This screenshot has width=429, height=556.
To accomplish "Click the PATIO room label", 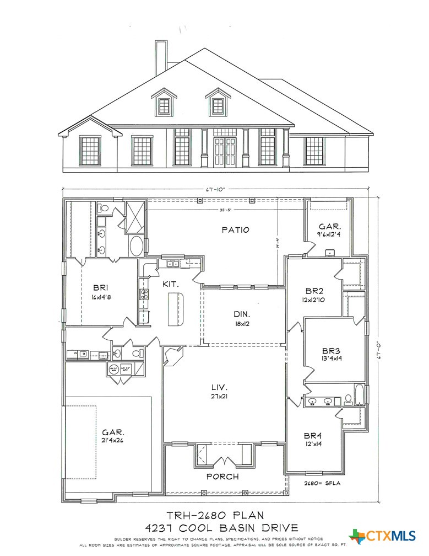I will (236, 229).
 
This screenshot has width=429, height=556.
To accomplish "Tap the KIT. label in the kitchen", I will (170, 284).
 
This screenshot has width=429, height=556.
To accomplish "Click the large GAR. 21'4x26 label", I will (113, 436).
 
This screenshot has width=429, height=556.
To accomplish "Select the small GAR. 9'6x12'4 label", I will (330, 231).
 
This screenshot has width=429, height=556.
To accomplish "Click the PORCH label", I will (222, 476).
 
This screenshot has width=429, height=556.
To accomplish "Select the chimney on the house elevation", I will (161, 58).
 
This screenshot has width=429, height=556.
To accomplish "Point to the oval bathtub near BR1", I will (136, 245).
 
